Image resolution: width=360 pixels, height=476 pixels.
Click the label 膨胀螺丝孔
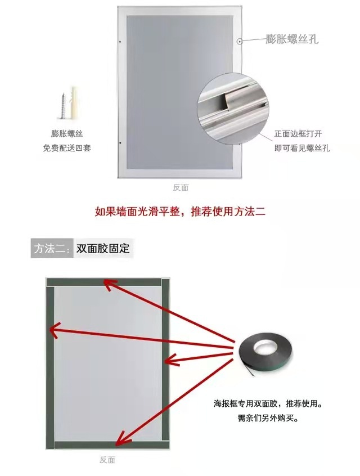[292, 39]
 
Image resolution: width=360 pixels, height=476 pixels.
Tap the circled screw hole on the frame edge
[240, 41]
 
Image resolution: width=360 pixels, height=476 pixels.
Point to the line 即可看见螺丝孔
[302, 148]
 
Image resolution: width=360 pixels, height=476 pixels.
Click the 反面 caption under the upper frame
[181, 187]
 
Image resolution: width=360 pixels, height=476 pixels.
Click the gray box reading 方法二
[52, 248]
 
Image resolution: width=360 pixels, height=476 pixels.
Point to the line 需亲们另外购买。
[263, 419]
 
